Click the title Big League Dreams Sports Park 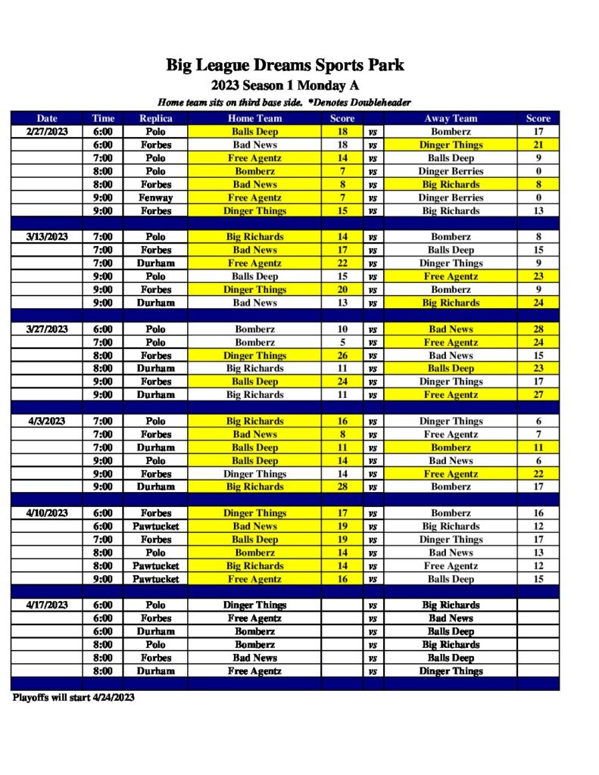[x=285, y=66]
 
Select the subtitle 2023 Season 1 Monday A [x=285, y=86]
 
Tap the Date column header [x=47, y=118]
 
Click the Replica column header [x=155, y=118]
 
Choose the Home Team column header [x=254, y=118]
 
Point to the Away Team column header [x=451, y=118]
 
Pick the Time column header [x=103, y=118]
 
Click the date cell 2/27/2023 [x=47, y=132]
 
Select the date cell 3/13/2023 [x=47, y=237]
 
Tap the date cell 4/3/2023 [x=47, y=422]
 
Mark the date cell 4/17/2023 [x=47, y=605]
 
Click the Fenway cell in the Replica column [x=155, y=198]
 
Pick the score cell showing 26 [x=342, y=356]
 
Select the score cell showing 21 [x=538, y=145]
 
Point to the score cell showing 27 [x=538, y=395]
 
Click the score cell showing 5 [x=342, y=342]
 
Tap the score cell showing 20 [x=342, y=290]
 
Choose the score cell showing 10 [x=342, y=329]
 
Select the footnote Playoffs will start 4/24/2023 [x=73, y=698]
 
